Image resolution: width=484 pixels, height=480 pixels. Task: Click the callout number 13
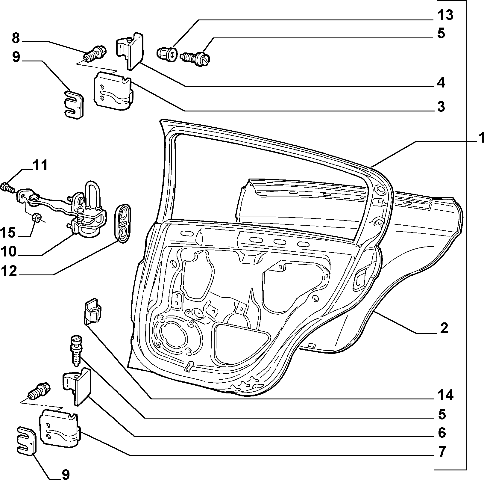tap(445, 15)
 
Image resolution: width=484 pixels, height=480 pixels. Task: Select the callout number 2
tap(444, 328)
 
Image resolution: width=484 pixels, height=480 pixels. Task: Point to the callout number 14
tap(445, 395)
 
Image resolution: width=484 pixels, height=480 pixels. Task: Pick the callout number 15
tap(8, 232)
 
